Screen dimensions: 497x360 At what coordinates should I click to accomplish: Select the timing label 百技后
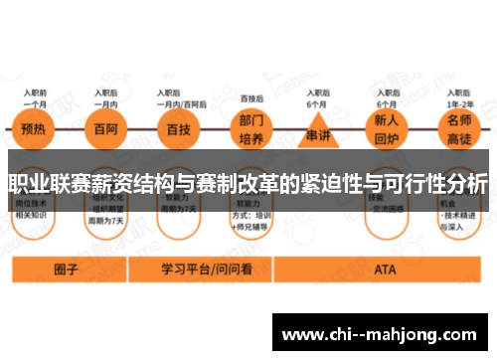tap(251, 99)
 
